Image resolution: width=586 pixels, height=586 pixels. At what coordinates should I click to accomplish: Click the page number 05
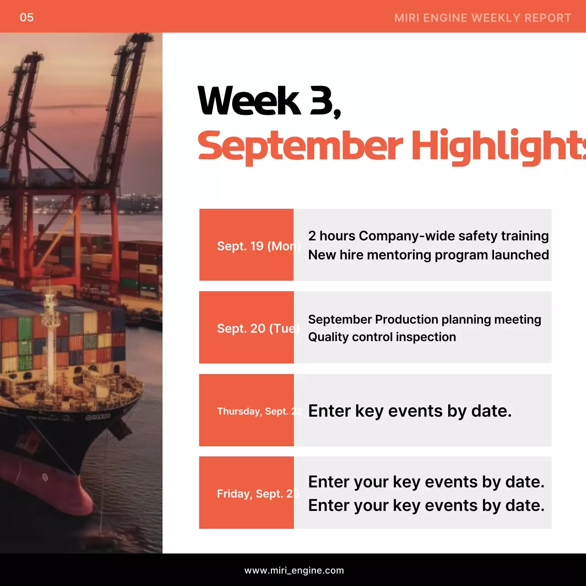27,17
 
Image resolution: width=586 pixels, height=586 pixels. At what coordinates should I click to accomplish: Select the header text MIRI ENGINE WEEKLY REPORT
483,18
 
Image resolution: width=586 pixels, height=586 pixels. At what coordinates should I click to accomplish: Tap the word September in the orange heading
300,146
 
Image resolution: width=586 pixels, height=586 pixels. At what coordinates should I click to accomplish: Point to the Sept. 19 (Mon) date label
258,246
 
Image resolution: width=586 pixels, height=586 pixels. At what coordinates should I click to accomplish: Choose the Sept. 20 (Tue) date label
258,329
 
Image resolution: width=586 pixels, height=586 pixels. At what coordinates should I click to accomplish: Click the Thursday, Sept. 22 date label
260,411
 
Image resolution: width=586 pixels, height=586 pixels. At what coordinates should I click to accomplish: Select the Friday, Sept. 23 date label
258,494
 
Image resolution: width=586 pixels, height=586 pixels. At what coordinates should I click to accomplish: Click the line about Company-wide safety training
428,236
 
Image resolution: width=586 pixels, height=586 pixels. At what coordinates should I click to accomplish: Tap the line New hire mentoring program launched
428,255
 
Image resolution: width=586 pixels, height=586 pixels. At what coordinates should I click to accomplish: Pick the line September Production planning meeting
424,319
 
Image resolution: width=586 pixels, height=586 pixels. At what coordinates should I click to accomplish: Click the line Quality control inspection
382,337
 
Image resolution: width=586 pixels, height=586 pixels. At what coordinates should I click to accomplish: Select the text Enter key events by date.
410,411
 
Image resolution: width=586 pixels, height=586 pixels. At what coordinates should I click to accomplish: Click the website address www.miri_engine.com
294,570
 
